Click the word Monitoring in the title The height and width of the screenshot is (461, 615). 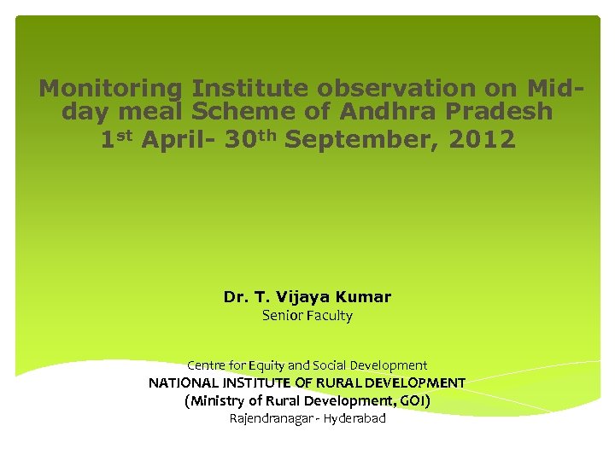[x=111, y=89]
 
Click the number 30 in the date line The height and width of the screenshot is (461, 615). [x=239, y=139]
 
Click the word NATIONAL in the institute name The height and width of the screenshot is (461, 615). [x=184, y=383]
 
